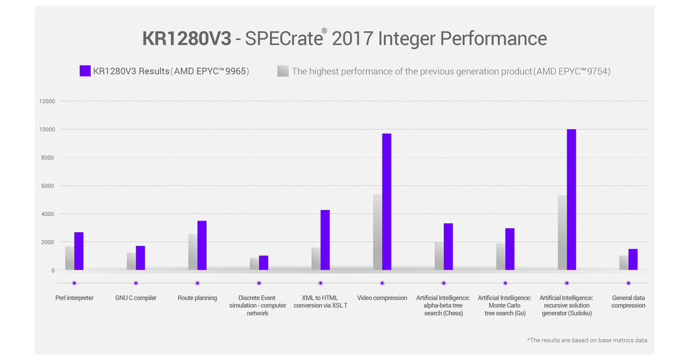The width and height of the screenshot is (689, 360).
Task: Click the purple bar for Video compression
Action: (386, 202)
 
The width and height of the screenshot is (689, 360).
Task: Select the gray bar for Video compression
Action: (377, 232)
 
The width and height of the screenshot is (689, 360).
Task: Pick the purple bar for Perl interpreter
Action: (79, 251)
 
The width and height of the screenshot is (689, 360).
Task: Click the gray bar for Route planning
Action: (192, 251)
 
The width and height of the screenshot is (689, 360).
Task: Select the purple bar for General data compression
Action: (633, 260)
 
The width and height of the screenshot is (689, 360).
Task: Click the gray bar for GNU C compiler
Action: (131, 261)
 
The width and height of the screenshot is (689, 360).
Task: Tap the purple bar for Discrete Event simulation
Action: (264, 263)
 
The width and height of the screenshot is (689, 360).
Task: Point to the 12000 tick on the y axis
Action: (47, 102)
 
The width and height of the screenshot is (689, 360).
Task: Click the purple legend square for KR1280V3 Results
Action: (85, 71)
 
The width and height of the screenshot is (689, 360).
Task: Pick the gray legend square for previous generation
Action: (282, 71)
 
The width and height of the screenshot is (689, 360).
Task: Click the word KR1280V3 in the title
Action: (187, 38)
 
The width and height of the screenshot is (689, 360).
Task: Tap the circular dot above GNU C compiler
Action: (136, 283)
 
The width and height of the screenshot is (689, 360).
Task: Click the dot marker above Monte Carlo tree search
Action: (505, 283)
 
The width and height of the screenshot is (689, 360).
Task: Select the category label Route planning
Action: (198, 298)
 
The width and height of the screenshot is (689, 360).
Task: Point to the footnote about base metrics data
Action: (587, 340)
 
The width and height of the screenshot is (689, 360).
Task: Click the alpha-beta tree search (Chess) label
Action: (443, 305)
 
